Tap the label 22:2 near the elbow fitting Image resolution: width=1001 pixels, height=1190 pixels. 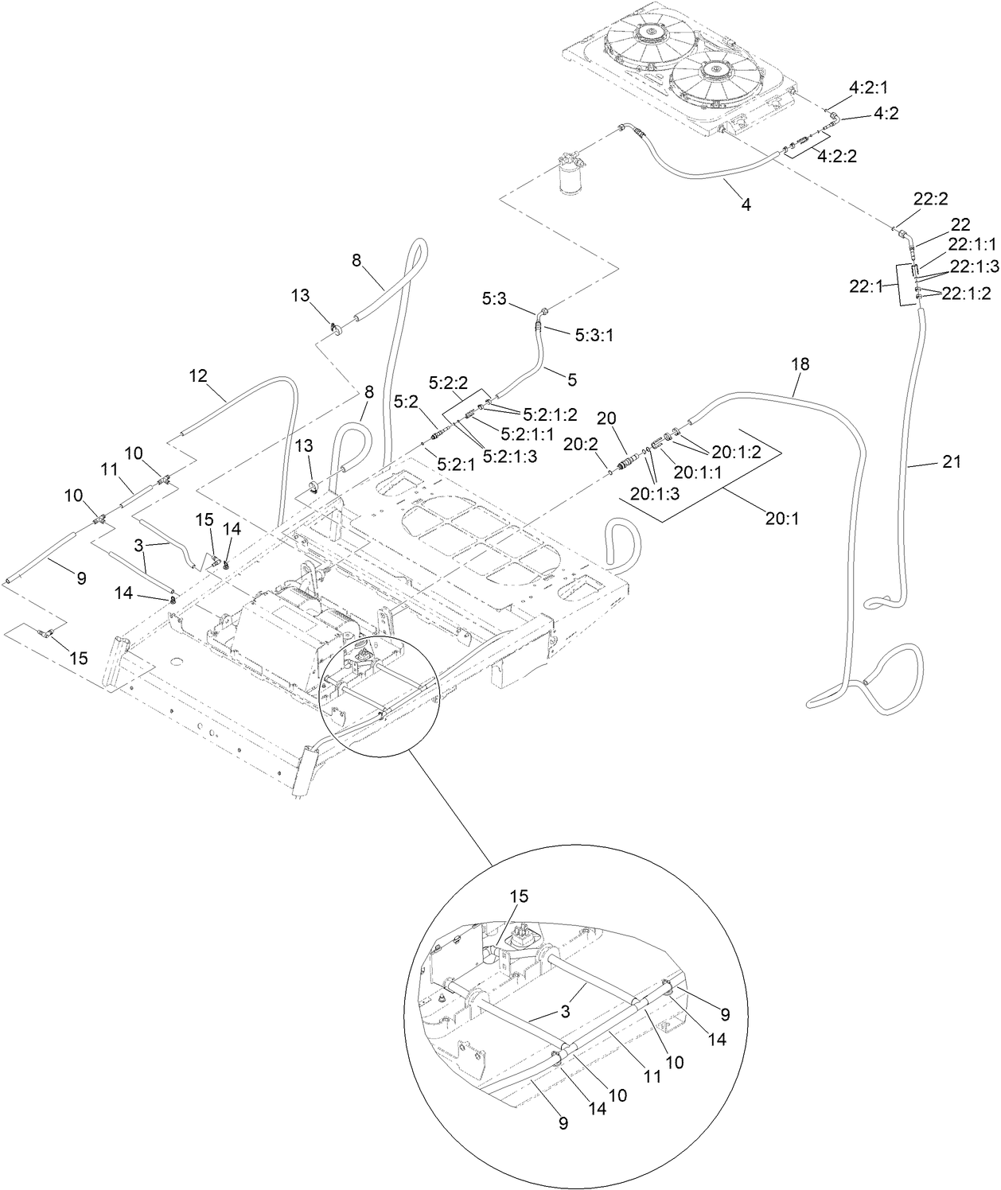pos(930,200)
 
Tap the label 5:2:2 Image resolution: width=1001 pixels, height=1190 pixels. pos(448,383)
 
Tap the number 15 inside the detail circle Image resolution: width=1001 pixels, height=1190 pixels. pos(519,895)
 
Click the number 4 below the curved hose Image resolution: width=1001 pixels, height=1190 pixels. pos(746,204)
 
